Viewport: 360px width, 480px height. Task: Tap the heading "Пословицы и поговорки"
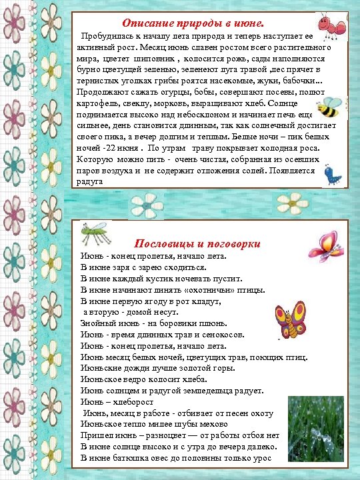tap(197, 243)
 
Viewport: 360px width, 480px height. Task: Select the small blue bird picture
tap(331, 174)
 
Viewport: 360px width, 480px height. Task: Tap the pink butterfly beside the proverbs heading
tap(325, 246)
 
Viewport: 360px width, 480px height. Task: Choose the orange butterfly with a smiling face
tap(290, 318)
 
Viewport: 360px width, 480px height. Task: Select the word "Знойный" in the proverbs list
tap(97, 324)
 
